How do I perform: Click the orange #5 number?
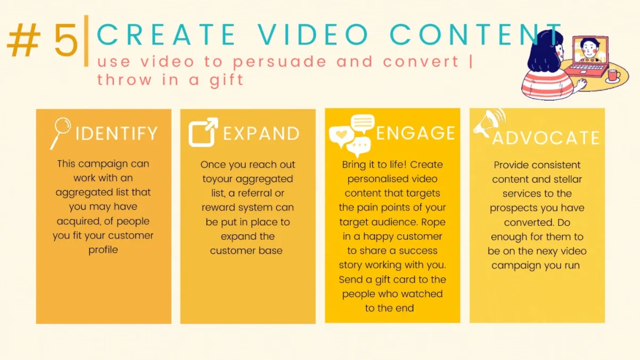[43, 42]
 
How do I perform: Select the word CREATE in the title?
[166, 35]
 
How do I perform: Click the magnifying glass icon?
[60, 133]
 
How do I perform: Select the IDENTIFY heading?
[117, 133]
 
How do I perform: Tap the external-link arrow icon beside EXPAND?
[203, 132]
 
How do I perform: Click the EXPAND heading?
[261, 134]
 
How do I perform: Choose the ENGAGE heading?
[416, 133]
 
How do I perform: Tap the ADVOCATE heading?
[546, 138]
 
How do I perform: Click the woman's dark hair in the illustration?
[540, 51]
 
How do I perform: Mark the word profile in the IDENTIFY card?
[103, 250]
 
